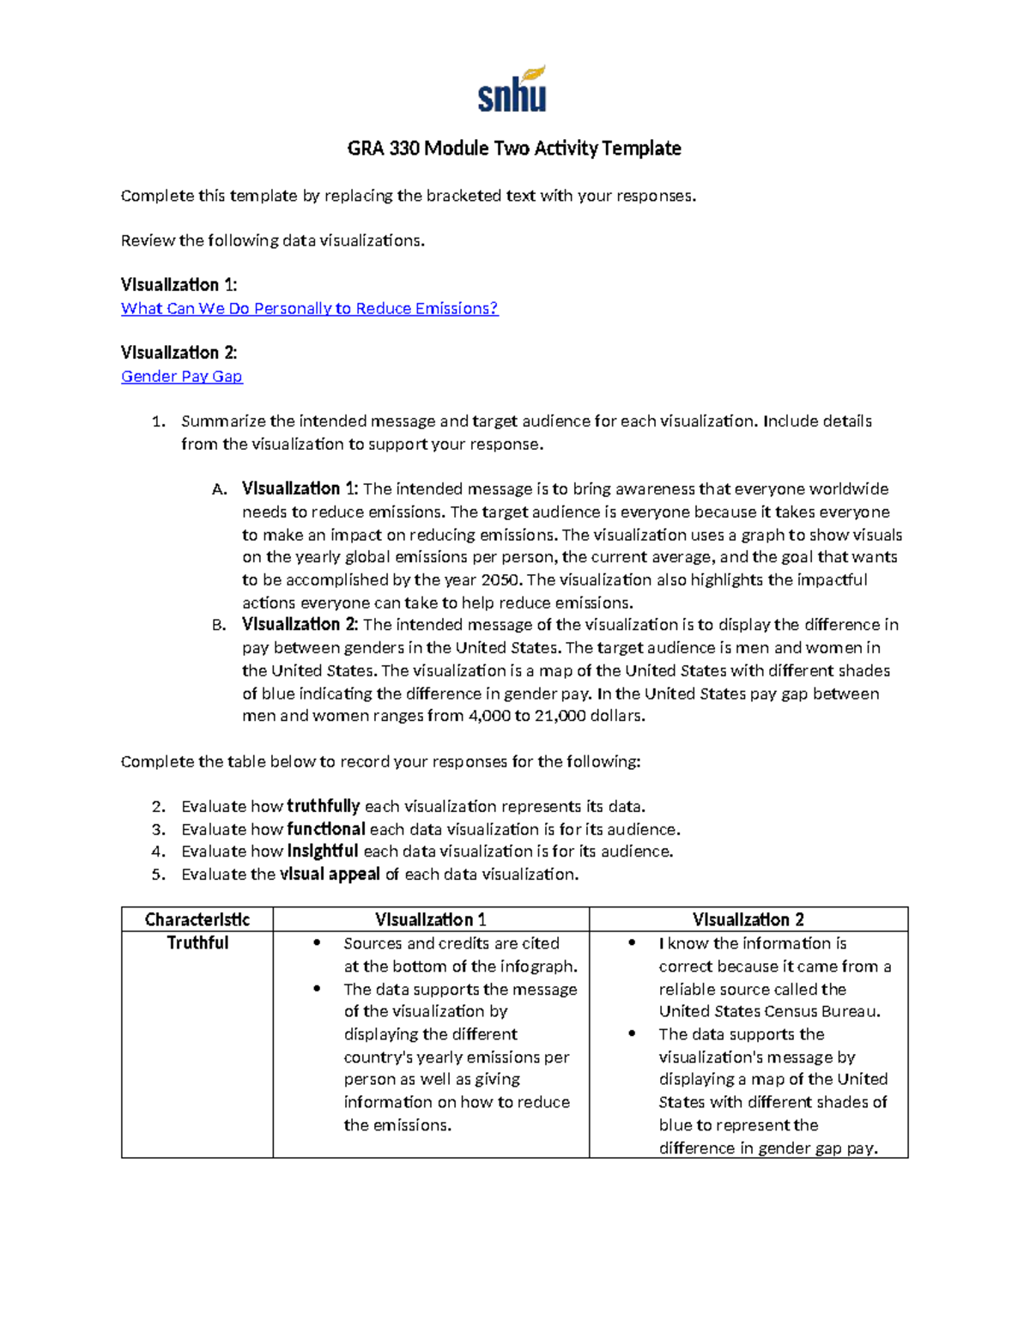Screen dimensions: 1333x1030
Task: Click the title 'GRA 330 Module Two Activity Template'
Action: (513, 148)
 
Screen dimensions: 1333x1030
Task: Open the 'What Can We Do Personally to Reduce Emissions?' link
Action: (309, 308)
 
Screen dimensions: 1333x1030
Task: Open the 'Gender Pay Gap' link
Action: (181, 376)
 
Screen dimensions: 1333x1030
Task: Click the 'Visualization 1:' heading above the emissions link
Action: (179, 285)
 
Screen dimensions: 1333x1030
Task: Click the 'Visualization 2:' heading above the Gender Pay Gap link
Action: (179, 353)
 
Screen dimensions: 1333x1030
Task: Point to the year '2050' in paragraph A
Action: (500, 579)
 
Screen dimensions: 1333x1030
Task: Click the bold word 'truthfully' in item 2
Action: (323, 806)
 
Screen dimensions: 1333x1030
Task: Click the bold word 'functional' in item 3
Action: (326, 829)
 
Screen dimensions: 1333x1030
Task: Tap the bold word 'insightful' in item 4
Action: (322, 851)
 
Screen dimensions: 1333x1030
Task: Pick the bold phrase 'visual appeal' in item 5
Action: (330, 874)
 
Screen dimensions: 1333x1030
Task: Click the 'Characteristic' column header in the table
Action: (197, 919)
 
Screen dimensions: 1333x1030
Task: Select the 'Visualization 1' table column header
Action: (431, 919)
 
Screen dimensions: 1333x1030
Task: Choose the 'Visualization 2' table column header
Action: (748, 919)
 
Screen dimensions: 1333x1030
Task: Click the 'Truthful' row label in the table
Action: (197, 942)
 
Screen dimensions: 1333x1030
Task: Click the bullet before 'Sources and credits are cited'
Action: (317, 942)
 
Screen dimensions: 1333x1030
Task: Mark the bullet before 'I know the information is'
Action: (632, 942)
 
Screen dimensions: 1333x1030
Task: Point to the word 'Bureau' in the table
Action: (848, 1011)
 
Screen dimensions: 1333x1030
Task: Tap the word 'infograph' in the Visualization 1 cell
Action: (541, 966)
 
